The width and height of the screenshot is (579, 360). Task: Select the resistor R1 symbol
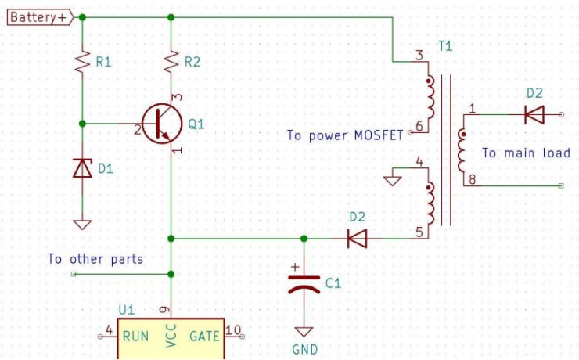(82, 61)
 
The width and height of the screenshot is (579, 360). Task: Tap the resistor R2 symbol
(171, 61)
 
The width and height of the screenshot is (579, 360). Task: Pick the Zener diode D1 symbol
(82, 167)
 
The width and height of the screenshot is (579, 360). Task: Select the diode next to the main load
(534, 115)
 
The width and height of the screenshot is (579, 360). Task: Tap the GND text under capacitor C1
(304, 349)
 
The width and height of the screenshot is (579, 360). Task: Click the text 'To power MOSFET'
(345, 135)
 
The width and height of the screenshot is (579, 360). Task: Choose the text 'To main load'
(525, 153)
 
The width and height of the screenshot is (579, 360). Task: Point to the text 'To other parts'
(95, 258)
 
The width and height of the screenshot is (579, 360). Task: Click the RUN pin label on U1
(136, 337)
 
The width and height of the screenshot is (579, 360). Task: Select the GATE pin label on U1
(205, 337)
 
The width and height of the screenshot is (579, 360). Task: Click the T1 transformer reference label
(444, 47)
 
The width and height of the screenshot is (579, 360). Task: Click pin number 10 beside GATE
(233, 329)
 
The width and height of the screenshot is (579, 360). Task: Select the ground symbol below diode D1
(82, 225)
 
